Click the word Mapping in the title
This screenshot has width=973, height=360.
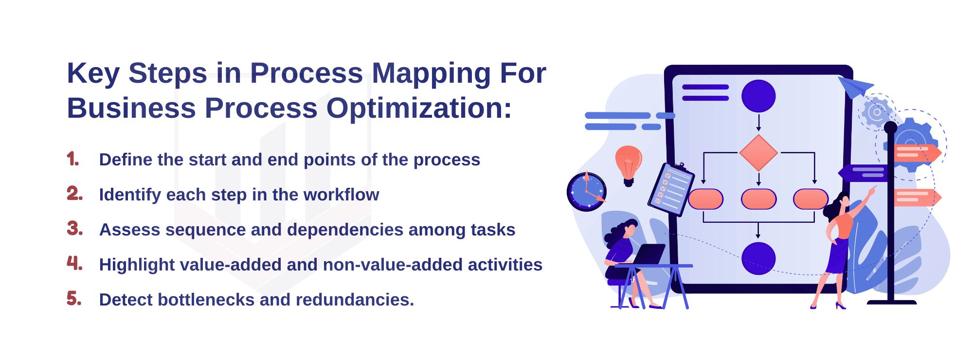coord(432,74)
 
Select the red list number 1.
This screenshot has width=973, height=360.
coord(73,159)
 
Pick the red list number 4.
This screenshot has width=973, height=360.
coord(74,263)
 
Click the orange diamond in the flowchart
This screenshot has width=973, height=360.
coord(758,153)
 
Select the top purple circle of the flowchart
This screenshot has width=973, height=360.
coord(758,96)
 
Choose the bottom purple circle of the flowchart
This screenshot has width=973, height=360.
coord(758,258)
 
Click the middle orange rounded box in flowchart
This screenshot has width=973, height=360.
coord(758,199)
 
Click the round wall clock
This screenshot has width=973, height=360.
coord(587,191)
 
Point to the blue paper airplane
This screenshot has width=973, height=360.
coord(855,87)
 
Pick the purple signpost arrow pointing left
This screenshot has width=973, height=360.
coord(862,173)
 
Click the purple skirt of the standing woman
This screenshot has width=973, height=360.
coord(838,256)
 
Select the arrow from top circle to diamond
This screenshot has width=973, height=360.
coord(758,122)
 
